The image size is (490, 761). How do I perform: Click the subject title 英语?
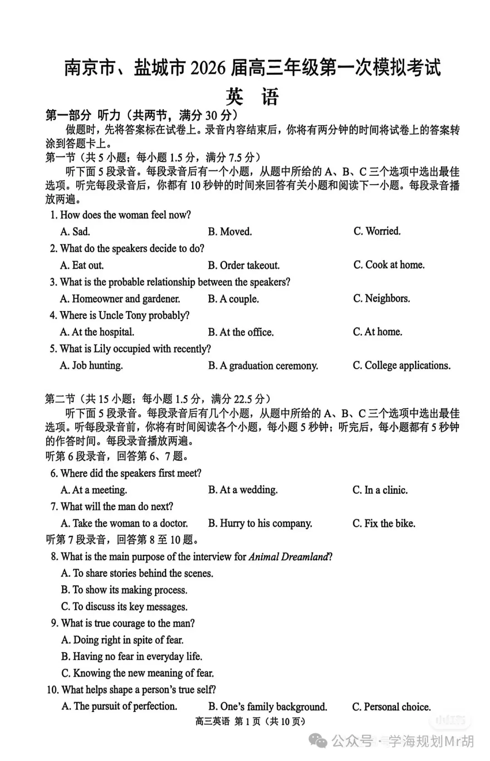(x=252, y=96)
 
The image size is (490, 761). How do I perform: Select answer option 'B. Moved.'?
(x=230, y=232)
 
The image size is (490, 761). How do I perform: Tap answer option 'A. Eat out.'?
(x=82, y=265)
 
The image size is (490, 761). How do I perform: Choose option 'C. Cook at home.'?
(x=389, y=265)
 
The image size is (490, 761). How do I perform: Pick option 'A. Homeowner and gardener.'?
(x=120, y=299)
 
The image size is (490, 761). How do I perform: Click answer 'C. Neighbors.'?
(x=382, y=298)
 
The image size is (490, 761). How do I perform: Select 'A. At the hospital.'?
(x=97, y=332)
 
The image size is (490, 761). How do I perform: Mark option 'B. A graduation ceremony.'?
(x=263, y=366)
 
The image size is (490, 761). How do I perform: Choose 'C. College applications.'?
(x=402, y=366)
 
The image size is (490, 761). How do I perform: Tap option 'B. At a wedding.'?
(x=243, y=490)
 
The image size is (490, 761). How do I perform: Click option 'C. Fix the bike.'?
(x=384, y=524)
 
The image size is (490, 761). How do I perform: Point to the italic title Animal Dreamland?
(x=288, y=557)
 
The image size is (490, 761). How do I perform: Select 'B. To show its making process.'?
(x=124, y=590)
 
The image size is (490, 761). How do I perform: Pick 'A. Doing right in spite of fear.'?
(x=122, y=640)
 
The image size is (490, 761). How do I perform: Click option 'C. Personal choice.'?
(x=391, y=707)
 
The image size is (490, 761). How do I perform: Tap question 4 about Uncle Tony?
(x=119, y=315)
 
